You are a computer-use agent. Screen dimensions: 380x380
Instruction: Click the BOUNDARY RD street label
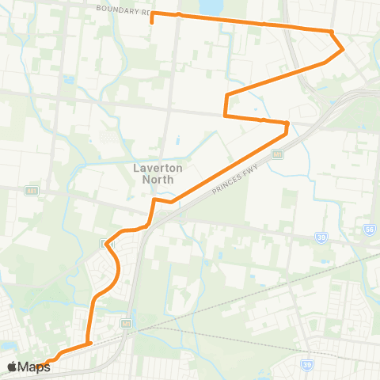pos(123,10)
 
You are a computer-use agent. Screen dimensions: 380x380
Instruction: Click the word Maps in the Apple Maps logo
pos(34,367)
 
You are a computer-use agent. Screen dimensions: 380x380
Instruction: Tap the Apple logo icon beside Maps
pos(12,367)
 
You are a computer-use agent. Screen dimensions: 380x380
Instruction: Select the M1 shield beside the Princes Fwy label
pos(278,154)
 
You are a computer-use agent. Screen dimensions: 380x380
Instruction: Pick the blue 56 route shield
pos(368,228)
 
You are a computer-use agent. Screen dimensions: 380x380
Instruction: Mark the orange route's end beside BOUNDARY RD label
pos(152,14)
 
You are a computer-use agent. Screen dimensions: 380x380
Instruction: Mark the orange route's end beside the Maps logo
pos(46,363)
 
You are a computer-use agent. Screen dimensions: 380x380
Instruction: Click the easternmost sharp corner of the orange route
pos(343,49)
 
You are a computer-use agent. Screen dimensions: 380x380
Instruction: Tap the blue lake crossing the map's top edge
pos(211,6)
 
